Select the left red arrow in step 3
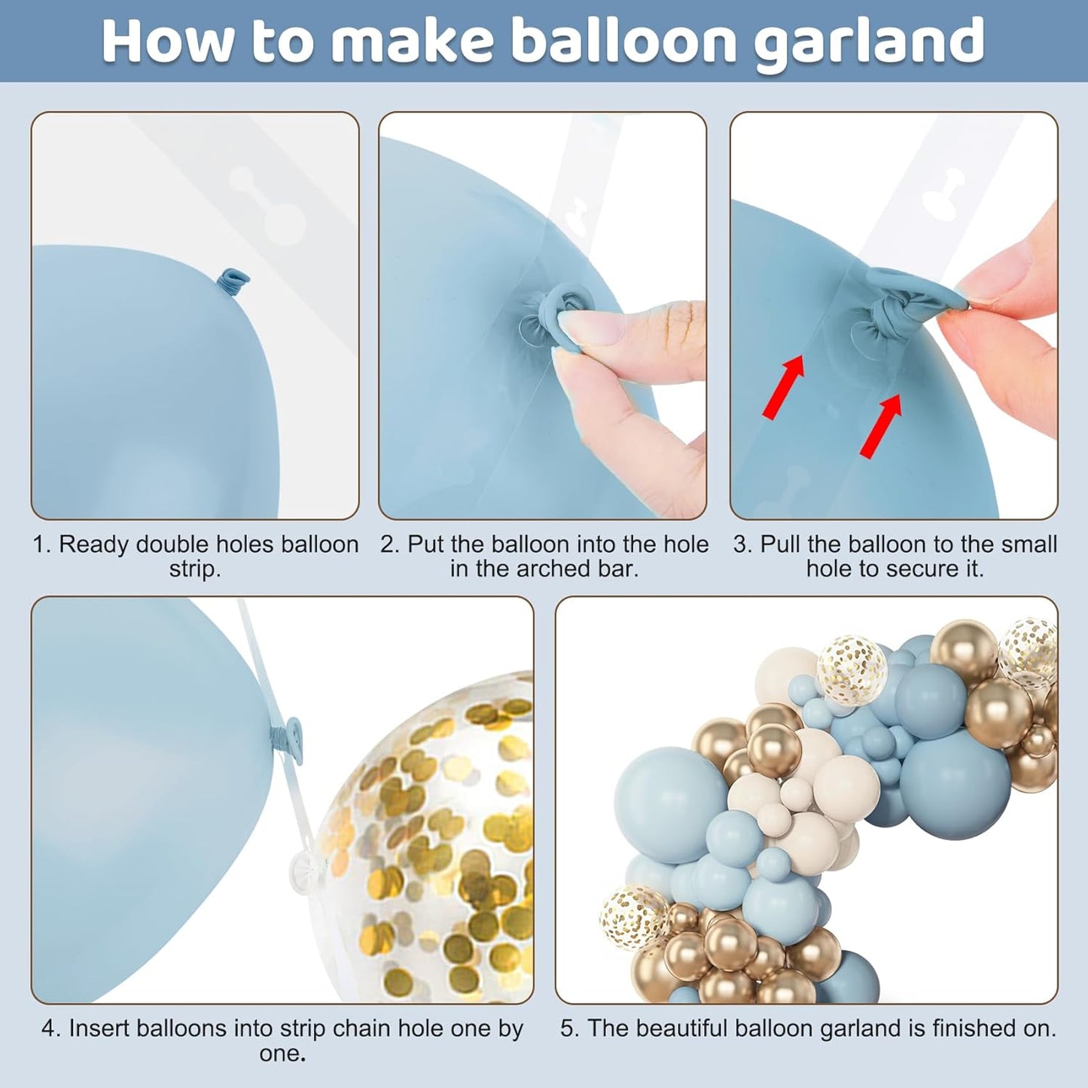[x=784, y=387]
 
